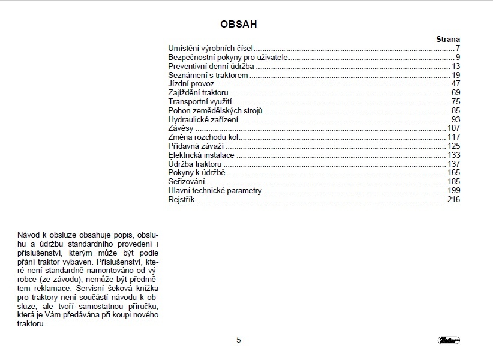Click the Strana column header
447,39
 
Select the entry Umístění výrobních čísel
211,48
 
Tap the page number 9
457,57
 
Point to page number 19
455,75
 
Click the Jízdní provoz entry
191,84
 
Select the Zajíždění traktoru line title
199,93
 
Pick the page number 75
455,102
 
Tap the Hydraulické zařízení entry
203,120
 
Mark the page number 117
453,137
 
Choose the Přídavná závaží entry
196,146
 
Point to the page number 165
453,173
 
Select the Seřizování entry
187,181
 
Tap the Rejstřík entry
182,199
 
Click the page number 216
453,199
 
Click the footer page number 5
238,340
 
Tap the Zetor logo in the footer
448,341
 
